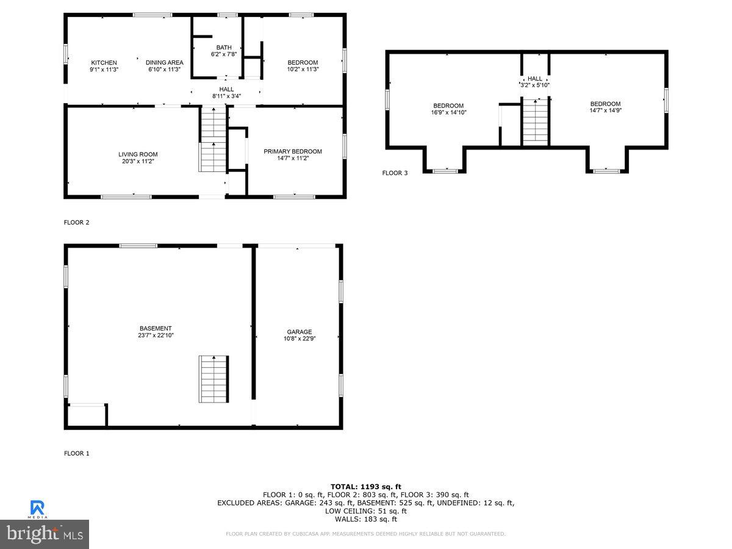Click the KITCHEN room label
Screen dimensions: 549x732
[104, 63]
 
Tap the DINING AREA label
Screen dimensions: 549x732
[164, 63]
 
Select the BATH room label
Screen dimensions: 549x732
[224, 48]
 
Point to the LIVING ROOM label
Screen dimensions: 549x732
[138, 154]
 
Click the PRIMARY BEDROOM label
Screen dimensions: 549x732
[292, 151]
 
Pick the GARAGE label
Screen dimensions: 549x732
[300, 332]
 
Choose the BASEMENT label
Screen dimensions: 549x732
[155, 328]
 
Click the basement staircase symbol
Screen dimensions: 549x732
[213, 379]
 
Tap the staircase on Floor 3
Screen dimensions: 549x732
[536, 122]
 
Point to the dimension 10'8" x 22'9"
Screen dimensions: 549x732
[300, 339]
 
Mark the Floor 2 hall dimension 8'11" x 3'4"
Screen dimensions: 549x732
[226, 96]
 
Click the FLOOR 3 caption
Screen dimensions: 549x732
[395, 173]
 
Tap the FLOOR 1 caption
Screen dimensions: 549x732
[77, 453]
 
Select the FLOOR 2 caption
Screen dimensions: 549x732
[77, 223]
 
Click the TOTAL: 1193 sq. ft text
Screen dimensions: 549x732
[365, 486]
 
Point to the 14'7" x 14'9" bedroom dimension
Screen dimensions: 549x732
[605, 110]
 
